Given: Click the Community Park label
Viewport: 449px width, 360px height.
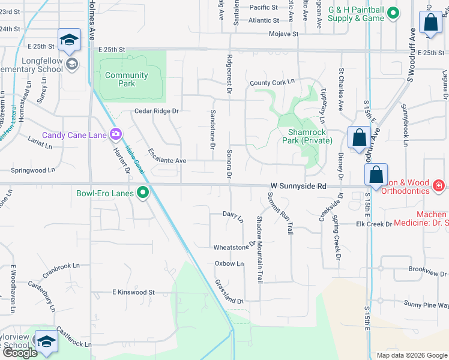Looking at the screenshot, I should coord(126,79).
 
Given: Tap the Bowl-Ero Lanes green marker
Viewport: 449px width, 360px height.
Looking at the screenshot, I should coord(143,193).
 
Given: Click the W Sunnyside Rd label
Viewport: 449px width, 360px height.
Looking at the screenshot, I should coord(298,187).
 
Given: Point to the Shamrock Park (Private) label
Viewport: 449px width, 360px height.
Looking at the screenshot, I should coord(301,136).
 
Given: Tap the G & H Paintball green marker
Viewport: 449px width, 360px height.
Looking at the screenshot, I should coord(393,13).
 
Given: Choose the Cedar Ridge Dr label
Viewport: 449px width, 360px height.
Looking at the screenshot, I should coord(157,111).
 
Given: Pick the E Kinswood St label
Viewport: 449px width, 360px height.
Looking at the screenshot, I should coord(133,292).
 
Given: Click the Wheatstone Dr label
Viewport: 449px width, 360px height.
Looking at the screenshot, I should coord(231,247).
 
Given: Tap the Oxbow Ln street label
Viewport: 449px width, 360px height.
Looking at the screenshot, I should coord(229,263).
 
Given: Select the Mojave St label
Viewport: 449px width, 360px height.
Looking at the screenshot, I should coord(283,34).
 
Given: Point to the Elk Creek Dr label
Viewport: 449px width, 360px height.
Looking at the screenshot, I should coord(373,224).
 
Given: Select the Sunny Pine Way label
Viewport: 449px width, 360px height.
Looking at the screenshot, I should coord(426,305).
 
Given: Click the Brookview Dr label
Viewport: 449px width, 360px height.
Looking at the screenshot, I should coord(429,271).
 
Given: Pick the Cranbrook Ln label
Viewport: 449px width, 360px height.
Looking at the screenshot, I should coord(61,270).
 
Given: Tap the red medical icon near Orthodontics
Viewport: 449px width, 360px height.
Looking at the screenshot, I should coord(439,187).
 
